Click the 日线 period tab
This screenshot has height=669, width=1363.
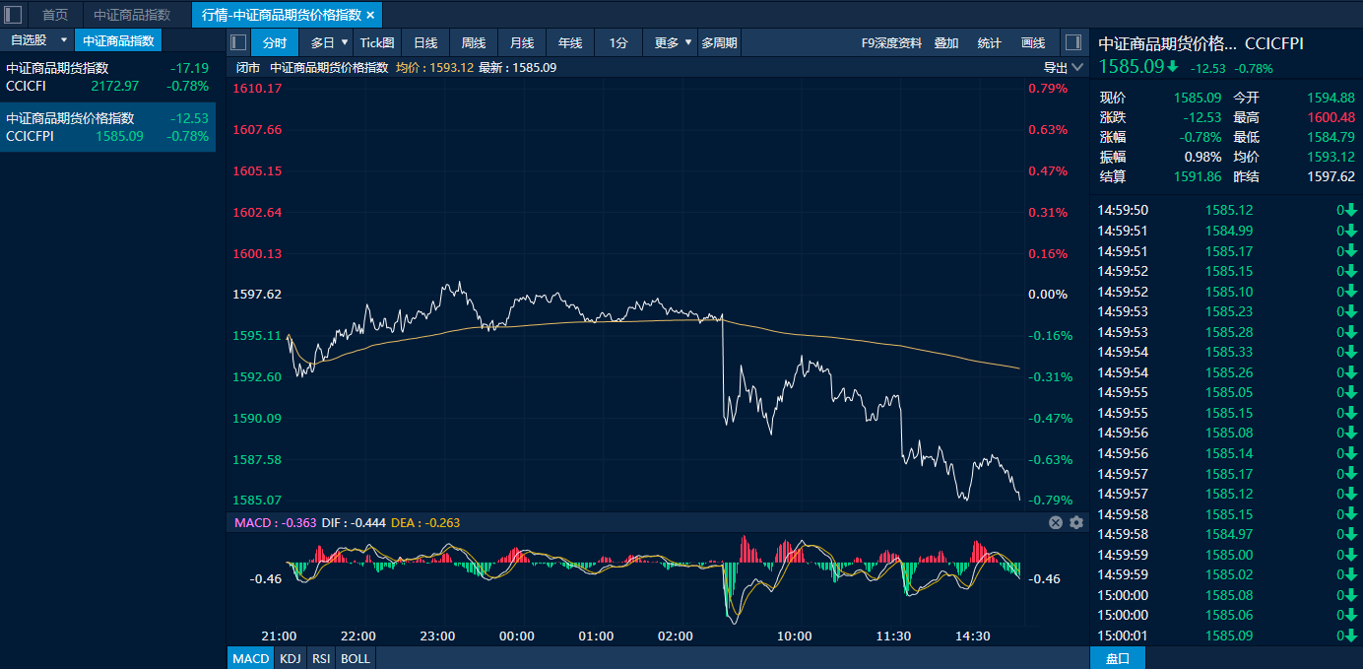coord(425,42)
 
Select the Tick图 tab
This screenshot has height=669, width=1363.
coord(377,42)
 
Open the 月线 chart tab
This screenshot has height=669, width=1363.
coord(522,42)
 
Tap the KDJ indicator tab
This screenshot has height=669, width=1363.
coord(291,658)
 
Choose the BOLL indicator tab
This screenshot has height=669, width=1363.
coord(356,658)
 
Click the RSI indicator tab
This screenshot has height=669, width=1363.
coord(321,658)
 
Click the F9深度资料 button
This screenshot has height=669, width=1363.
coord(891,42)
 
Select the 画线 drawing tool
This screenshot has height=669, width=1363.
coord(1033,42)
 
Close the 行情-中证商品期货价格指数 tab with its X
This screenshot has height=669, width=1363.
coord(370,15)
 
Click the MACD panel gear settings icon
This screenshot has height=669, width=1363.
coord(1076,522)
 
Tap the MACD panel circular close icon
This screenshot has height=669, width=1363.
coord(1056,522)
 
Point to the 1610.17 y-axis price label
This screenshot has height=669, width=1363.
coord(257,89)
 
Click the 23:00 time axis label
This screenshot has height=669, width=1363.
coord(437,636)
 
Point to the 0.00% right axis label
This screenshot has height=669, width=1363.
coord(1048,295)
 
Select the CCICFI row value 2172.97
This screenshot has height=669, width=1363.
coord(115,86)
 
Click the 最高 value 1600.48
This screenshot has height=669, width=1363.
coord(1331,117)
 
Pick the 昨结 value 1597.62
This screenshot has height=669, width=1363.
coord(1331,176)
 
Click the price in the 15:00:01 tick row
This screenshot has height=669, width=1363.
coord(1229,636)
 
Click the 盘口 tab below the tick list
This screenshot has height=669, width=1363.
coord(1117,658)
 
